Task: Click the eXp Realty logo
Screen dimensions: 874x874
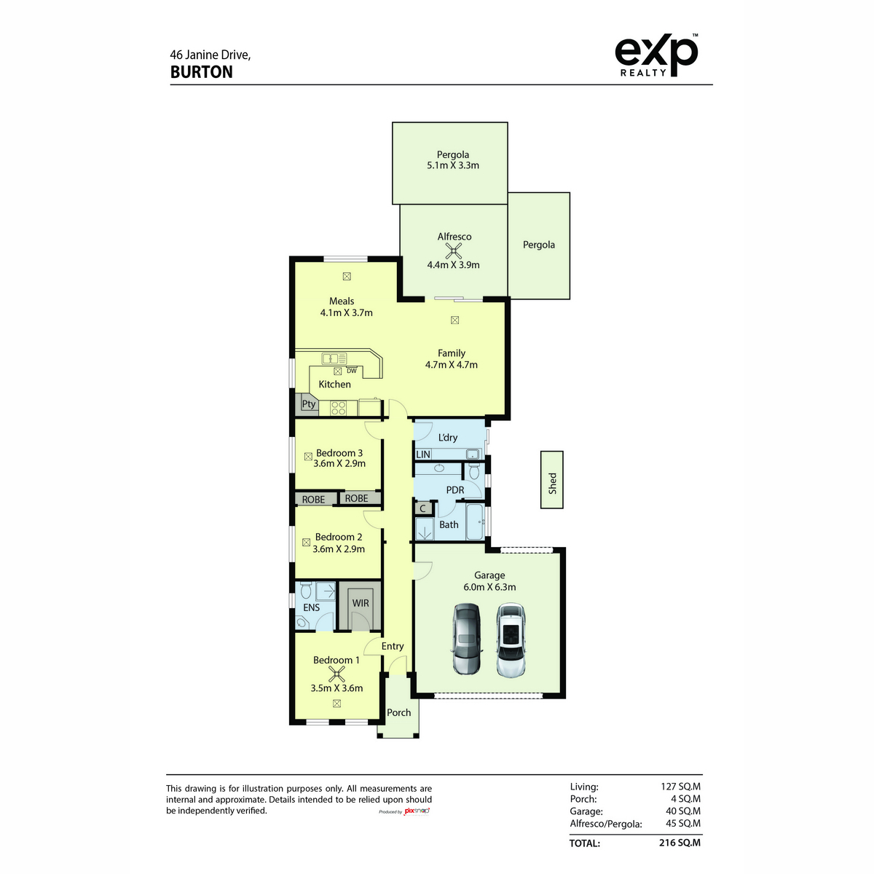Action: point(655,55)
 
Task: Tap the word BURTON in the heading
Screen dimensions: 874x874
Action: point(201,72)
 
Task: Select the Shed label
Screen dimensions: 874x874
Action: point(552,483)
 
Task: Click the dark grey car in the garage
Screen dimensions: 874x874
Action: point(466,639)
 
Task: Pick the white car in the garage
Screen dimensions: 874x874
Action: point(511,639)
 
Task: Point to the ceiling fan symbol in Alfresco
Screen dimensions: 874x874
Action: point(453,251)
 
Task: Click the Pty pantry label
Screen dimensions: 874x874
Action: point(309,403)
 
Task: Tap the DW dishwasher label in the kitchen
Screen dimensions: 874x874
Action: point(352,371)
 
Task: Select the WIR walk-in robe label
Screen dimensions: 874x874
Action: point(361,603)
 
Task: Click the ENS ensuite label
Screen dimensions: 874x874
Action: point(311,607)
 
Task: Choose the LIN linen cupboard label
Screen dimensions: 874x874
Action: point(423,454)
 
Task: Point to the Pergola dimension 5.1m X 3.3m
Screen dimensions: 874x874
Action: point(452,165)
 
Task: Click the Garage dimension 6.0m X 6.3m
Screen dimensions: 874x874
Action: point(489,587)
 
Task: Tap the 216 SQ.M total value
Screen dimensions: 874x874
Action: point(680,843)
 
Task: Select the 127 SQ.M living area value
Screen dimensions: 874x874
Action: point(680,787)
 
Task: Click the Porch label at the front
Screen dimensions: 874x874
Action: point(398,712)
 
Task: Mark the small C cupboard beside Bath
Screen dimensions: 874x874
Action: point(422,508)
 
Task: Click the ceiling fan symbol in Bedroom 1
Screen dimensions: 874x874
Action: point(336,674)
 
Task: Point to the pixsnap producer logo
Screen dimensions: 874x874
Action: point(417,811)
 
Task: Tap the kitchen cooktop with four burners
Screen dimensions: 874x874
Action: point(339,408)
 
